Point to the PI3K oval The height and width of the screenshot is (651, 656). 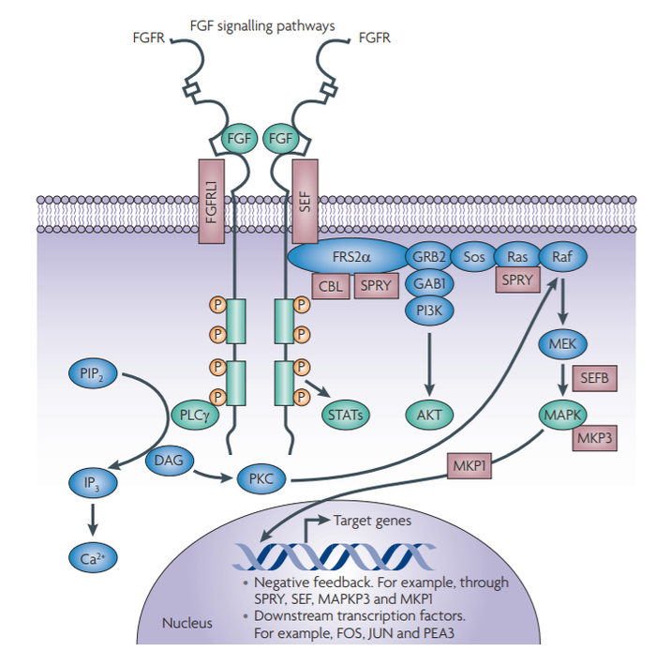[427, 310]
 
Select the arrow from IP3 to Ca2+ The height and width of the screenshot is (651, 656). [92, 519]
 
